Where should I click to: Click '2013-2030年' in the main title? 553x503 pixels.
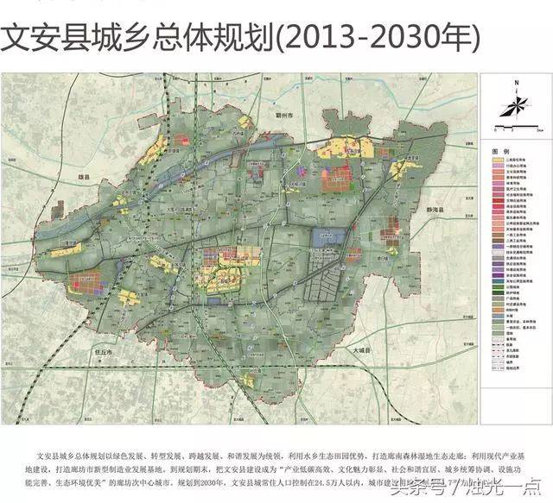[x=377, y=36]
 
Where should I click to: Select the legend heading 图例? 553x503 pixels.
[x=499, y=150]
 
